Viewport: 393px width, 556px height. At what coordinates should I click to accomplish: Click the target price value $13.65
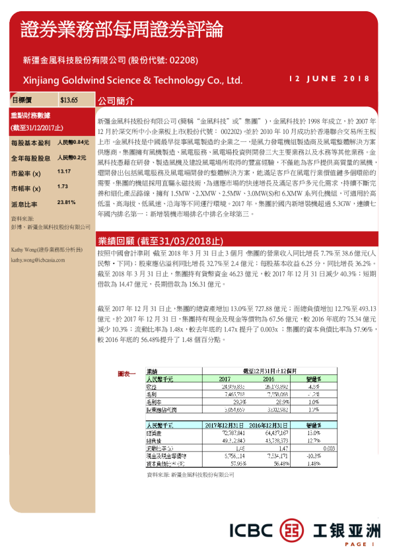tap(69, 100)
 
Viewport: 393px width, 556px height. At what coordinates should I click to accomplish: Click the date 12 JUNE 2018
tap(330, 79)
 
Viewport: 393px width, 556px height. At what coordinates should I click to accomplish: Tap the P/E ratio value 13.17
tap(64, 171)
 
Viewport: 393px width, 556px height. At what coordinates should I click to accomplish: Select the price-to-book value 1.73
tap(63, 187)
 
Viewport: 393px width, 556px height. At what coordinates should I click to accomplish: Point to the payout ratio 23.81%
tap(67, 202)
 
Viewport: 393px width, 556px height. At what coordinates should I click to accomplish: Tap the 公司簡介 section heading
tap(116, 102)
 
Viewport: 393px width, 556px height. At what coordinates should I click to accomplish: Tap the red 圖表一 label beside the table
tap(126, 374)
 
